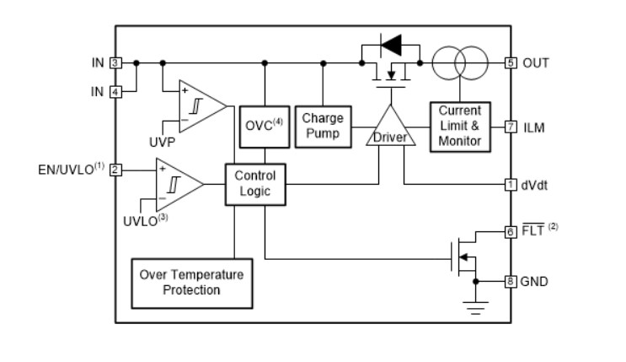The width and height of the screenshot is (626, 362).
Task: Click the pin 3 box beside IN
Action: [x=115, y=63]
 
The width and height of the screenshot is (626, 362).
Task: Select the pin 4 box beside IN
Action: [x=115, y=90]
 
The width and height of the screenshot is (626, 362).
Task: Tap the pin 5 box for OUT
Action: [x=510, y=63]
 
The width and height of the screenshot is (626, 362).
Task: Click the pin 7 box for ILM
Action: [x=510, y=127]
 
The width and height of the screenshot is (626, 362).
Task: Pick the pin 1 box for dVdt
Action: [x=510, y=184]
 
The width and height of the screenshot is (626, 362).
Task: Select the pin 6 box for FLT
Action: [x=510, y=231]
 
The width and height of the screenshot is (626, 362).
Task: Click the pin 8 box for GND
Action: [x=510, y=281]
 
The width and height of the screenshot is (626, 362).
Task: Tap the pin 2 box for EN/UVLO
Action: [x=115, y=169]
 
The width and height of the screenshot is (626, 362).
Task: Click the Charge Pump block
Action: [x=322, y=126]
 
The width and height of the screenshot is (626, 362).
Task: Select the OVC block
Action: [x=265, y=127]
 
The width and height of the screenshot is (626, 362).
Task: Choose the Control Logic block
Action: [x=254, y=184]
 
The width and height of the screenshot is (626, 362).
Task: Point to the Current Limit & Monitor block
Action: [x=460, y=127]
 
